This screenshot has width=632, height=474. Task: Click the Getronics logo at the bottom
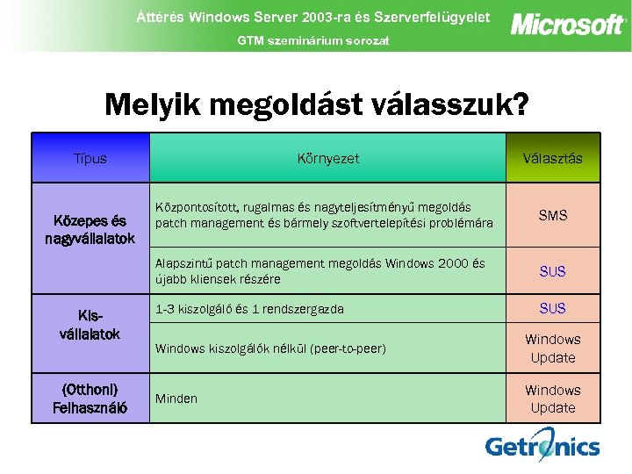pyautogui.click(x=542, y=446)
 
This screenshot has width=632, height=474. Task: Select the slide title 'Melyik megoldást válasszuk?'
pyautogui.click(x=316, y=105)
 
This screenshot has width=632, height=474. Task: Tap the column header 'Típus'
pyautogui.click(x=90, y=159)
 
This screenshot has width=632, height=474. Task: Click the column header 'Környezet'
pyautogui.click(x=327, y=159)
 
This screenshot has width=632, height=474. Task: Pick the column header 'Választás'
pyautogui.click(x=552, y=159)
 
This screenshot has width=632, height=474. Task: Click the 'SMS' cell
pyautogui.click(x=552, y=215)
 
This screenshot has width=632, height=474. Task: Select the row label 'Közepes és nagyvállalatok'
pyautogui.click(x=90, y=230)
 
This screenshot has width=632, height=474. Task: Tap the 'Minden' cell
pyautogui.click(x=176, y=399)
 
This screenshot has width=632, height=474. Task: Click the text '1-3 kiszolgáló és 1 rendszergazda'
pyautogui.click(x=249, y=309)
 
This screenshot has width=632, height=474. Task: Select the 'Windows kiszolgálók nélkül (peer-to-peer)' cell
pyautogui.click(x=270, y=348)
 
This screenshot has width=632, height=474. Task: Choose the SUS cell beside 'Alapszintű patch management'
pyautogui.click(x=552, y=272)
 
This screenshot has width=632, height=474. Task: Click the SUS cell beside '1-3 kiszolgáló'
pyautogui.click(x=552, y=309)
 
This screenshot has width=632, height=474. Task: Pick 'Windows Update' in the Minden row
pyautogui.click(x=552, y=399)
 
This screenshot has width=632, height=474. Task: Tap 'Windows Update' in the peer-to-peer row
pyautogui.click(x=552, y=348)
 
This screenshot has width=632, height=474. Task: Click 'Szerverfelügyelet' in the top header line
pyautogui.click(x=429, y=17)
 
